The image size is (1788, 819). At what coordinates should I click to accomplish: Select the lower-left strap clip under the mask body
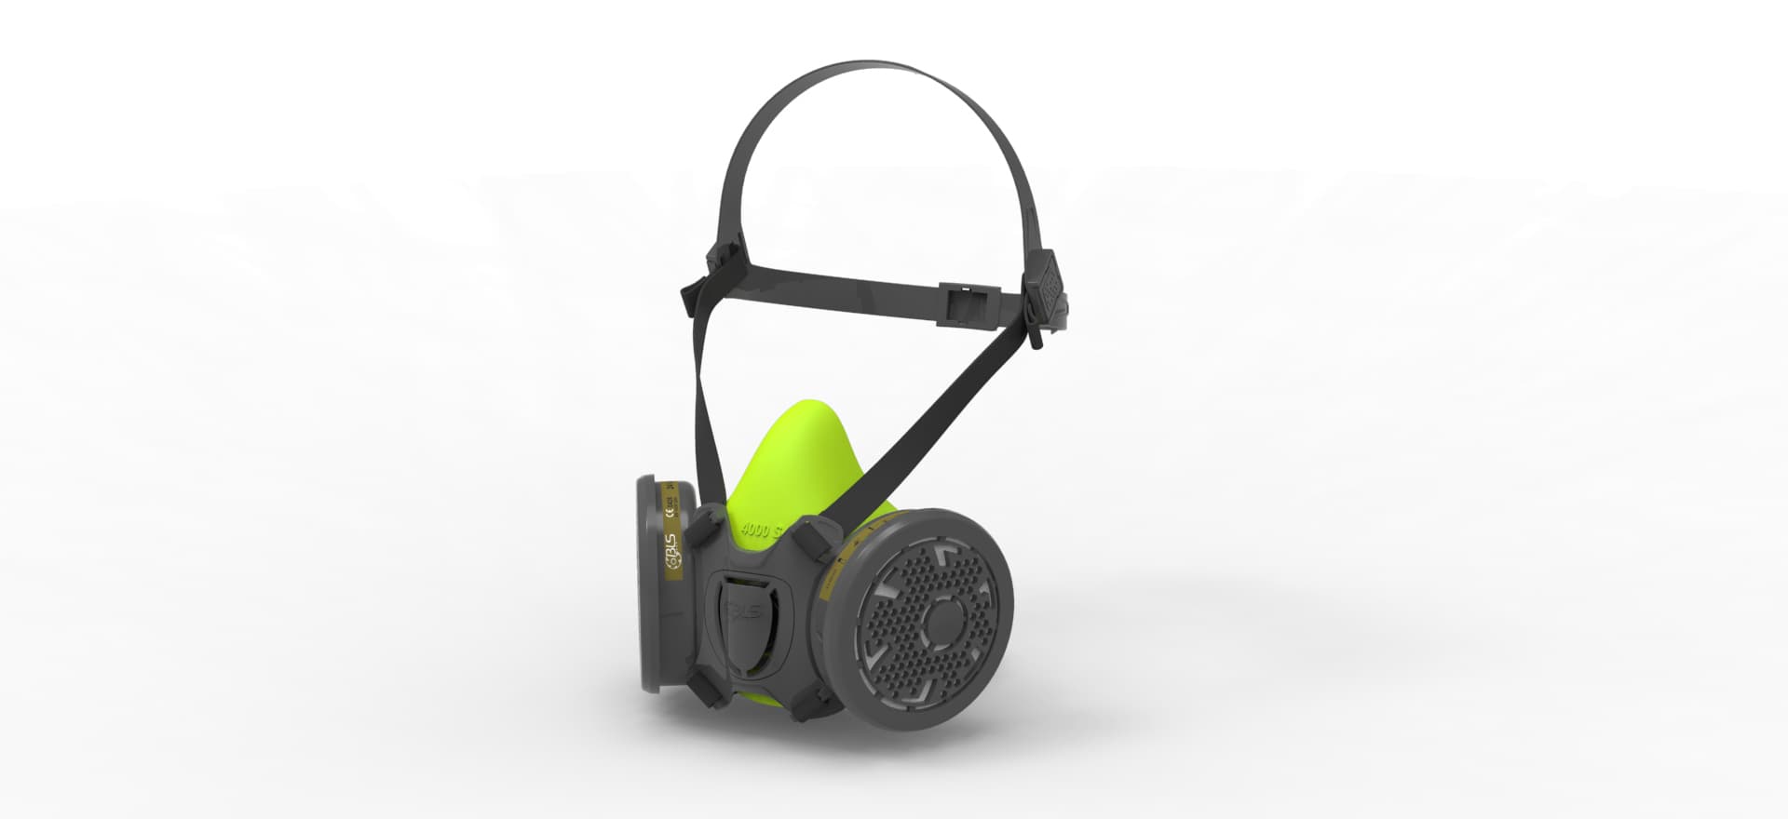pos(704,689)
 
